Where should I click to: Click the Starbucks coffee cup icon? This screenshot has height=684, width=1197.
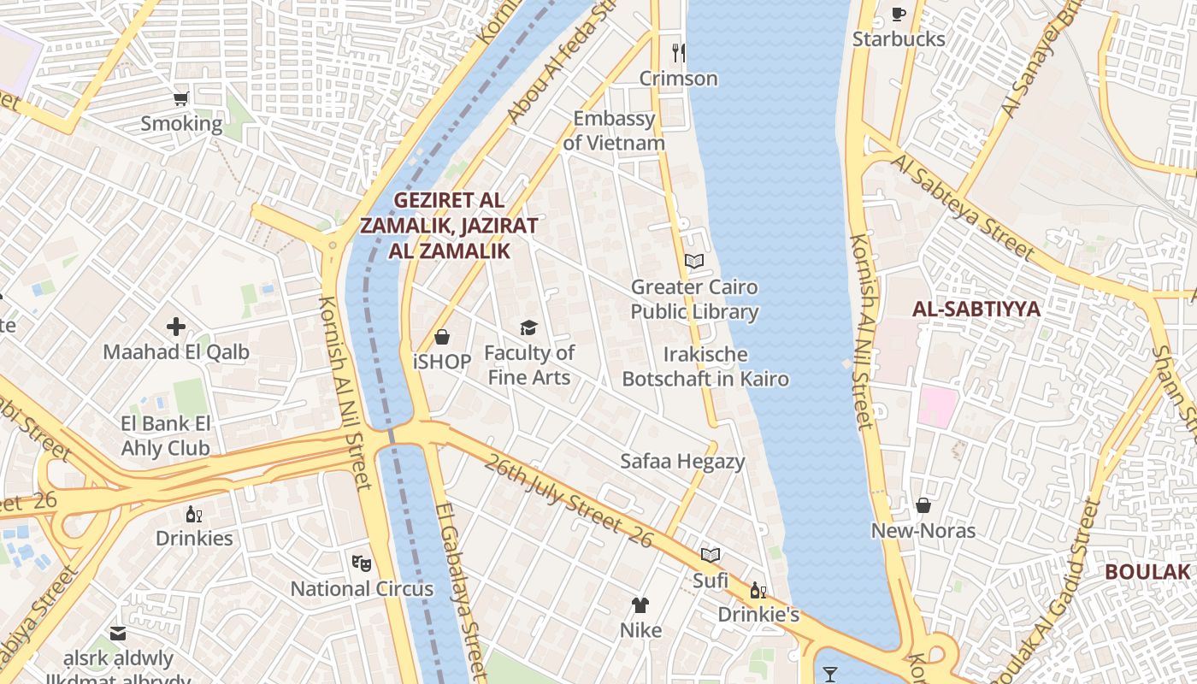[898, 14]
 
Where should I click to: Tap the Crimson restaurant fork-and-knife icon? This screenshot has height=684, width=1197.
[678, 53]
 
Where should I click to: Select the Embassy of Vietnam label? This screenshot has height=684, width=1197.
[614, 131]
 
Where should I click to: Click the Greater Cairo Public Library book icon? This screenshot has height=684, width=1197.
[694, 261]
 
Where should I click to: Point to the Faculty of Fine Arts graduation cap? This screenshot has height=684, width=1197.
[529, 327]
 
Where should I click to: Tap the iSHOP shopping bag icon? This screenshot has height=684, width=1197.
[442, 337]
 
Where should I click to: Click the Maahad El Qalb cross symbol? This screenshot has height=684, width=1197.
[176, 327]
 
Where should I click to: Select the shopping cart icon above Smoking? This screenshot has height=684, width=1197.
[180, 99]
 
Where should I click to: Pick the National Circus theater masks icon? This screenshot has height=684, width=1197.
[362, 563]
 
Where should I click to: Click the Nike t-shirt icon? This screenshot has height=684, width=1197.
[640, 605]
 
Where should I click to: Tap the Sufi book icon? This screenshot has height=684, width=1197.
[711, 555]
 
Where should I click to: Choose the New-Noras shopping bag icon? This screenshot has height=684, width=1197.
[923, 505]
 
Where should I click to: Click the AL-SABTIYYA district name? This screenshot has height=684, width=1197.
[976, 310]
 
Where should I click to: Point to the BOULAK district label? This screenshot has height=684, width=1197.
[1147, 572]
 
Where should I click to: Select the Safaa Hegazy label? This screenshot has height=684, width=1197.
[682, 462]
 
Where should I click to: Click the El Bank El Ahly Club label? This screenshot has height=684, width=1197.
[165, 435]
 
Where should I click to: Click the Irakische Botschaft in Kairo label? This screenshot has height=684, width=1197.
[705, 366]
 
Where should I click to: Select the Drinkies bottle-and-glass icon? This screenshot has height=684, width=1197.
[194, 514]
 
